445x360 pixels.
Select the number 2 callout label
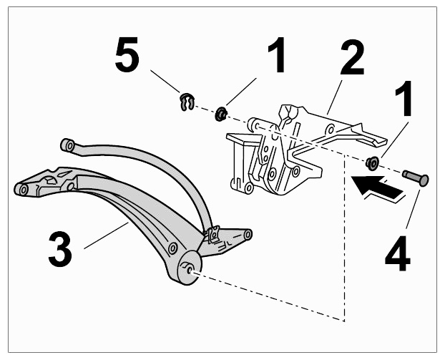[x=351, y=58]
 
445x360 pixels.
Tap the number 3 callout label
[x=60, y=249]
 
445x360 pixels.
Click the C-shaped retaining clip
[x=187, y=102]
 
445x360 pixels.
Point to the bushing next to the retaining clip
[x=221, y=114]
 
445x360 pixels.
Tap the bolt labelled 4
[x=416, y=177]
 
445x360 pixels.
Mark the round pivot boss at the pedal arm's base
[x=190, y=268]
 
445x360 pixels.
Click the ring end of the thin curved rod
[x=68, y=145]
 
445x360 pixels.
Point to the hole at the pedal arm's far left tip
[x=24, y=190]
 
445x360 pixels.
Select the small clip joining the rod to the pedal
[x=213, y=234]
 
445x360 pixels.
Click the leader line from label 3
[x=106, y=235]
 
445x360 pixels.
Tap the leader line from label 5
[x=165, y=81]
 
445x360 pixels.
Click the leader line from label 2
[x=335, y=97]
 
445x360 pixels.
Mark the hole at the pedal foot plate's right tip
[x=248, y=234]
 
